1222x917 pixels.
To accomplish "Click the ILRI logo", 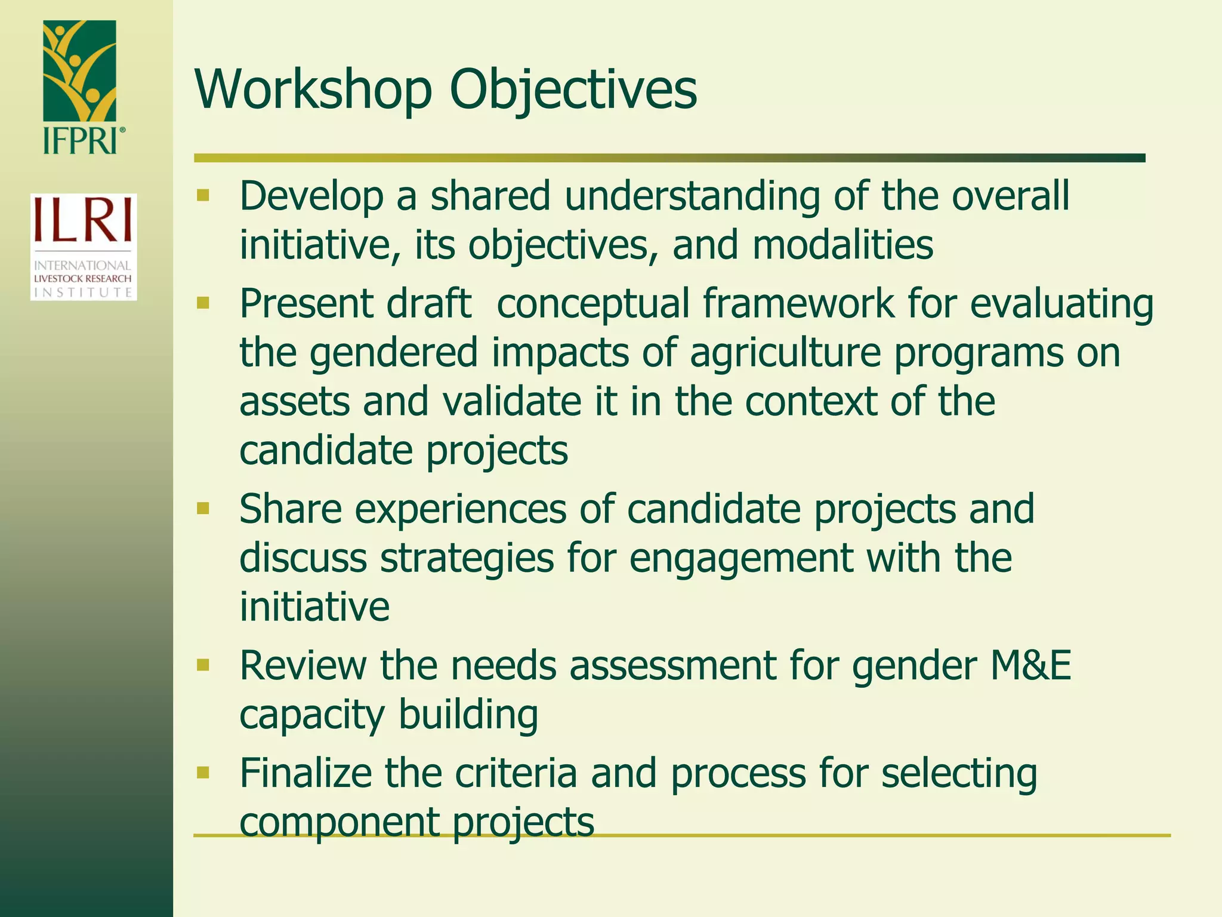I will (x=84, y=247).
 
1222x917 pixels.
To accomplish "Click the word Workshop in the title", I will (x=313, y=90).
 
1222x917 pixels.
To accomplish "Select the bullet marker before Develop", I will (x=203, y=195).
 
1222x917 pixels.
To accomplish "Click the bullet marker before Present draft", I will (x=203, y=303).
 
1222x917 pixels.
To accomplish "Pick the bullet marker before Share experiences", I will (x=203, y=509).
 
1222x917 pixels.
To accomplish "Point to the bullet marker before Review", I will (x=203, y=665).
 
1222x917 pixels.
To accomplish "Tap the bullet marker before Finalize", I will (x=203, y=773).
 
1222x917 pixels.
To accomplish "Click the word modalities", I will (x=843, y=245).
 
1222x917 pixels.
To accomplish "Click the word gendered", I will (x=394, y=353).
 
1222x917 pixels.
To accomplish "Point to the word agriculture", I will (x=785, y=353).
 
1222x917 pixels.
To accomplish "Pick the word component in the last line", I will (x=339, y=823).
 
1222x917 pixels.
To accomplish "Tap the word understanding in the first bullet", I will (x=692, y=196).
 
